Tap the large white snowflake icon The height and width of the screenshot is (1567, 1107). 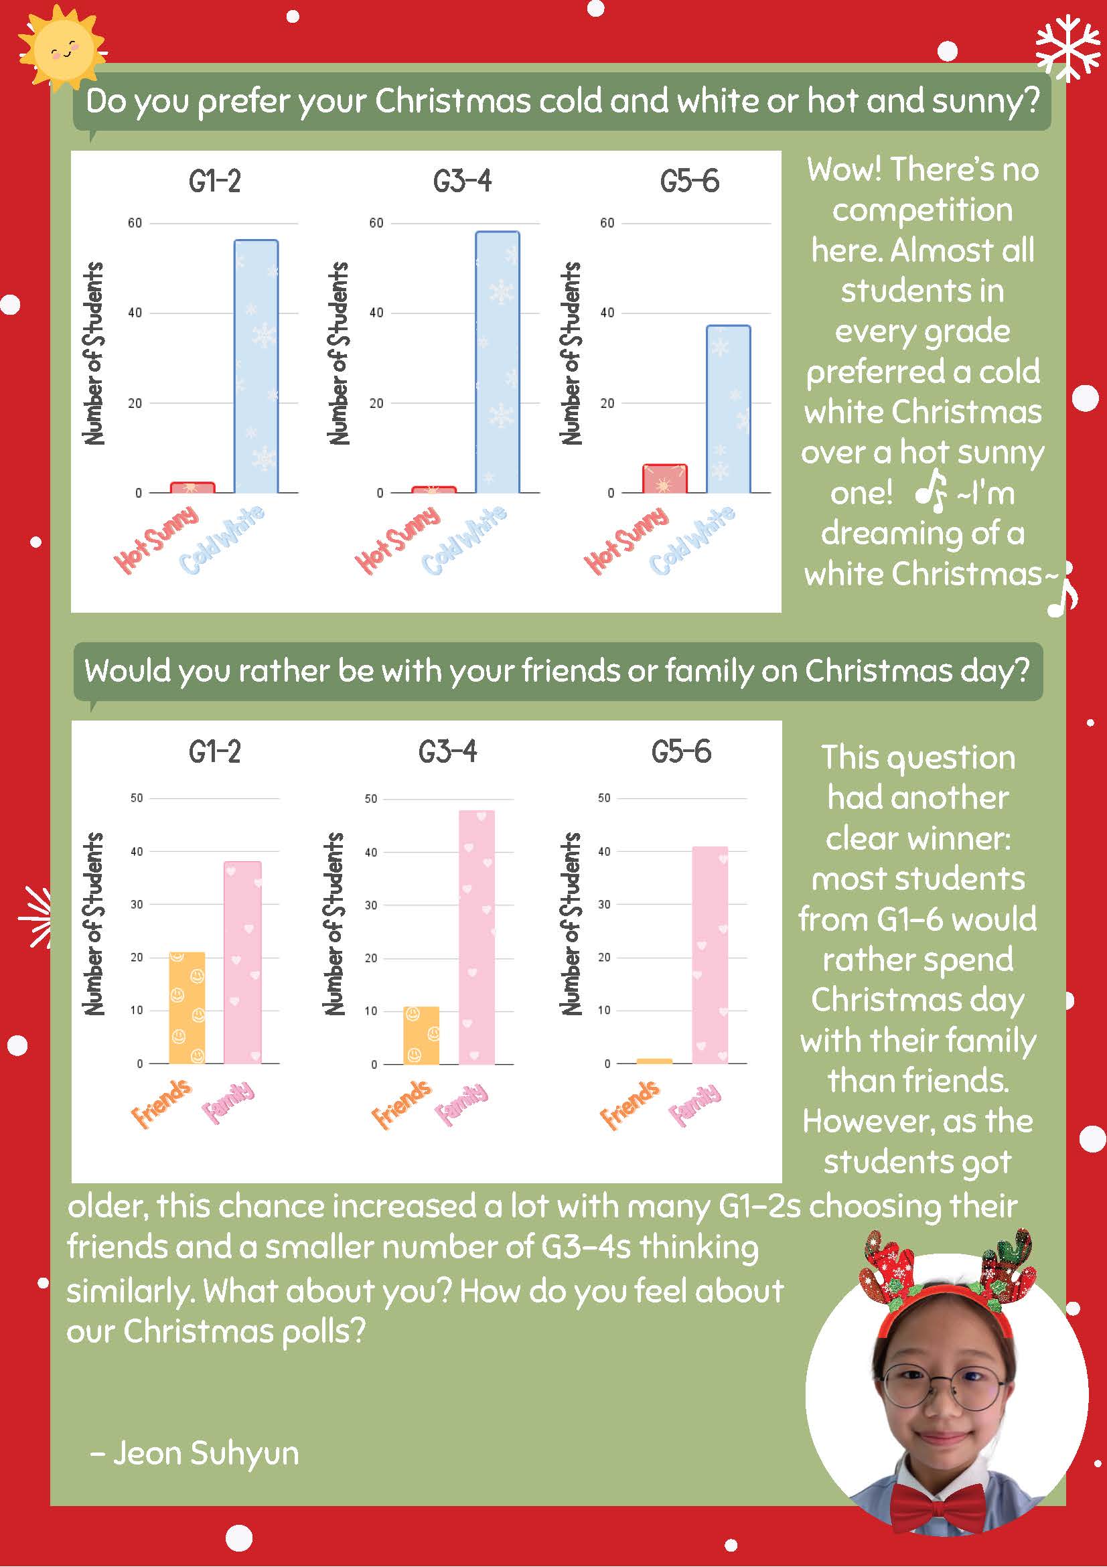1069,46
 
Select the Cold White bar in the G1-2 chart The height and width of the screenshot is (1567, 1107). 256,366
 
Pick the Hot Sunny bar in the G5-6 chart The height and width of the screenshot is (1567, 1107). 665,478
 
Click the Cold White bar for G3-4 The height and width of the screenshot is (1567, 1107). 498,362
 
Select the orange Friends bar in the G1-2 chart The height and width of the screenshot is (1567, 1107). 187,1007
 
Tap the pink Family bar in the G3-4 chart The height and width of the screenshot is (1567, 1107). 476,937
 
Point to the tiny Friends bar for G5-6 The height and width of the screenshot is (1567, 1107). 654,1061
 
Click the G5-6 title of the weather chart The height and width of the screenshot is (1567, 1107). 689,181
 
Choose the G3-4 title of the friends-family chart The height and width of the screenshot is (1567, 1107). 448,751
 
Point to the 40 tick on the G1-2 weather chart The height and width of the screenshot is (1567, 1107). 135,313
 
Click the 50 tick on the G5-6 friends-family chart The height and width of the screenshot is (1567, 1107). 604,798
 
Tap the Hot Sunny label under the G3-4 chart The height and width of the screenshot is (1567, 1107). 398,539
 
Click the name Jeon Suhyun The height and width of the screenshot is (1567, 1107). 206,1452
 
